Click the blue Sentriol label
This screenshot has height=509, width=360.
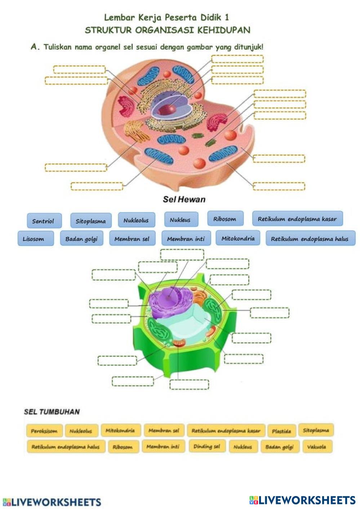pyautogui.click(x=44, y=221)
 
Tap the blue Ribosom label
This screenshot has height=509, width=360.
pyautogui.click(x=225, y=219)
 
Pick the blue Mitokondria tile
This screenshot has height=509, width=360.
pyautogui.click(x=238, y=238)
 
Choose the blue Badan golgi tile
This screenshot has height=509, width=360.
pyautogui.click(x=81, y=238)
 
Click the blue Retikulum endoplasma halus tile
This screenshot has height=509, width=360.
pyautogui.click(x=310, y=238)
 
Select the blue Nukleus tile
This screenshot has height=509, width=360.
pyautogui.click(x=180, y=219)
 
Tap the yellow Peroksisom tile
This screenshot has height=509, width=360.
pyautogui.click(x=44, y=431)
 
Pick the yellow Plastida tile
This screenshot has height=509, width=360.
pyautogui.click(x=281, y=431)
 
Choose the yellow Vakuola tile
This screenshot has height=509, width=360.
pyautogui.click(x=316, y=447)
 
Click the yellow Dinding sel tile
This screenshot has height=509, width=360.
pyautogui.click(x=207, y=446)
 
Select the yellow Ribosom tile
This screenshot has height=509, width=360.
pyautogui.click(x=123, y=447)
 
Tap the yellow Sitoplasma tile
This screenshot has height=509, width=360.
pyautogui.click(x=316, y=430)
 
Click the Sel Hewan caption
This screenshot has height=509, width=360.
pyautogui.click(x=184, y=199)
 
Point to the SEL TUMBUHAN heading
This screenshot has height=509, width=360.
pyautogui.click(x=52, y=412)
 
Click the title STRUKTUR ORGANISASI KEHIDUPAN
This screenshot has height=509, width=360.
pyautogui.click(x=168, y=30)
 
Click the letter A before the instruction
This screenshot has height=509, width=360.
pyautogui.click(x=35, y=47)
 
